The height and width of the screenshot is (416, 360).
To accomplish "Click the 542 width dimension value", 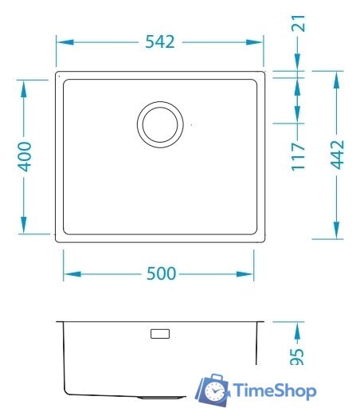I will pyautogui.click(x=160, y=42).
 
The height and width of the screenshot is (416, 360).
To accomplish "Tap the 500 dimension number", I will pyautogui.click(x=160, y=273).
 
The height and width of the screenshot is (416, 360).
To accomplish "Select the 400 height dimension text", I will pyautogui.click(x=25, y=157).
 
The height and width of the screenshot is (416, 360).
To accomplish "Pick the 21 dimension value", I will pyautogui.click(x=299, y=23).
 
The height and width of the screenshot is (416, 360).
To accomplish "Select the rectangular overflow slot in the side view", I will pyautogui.click(x=160, y=333).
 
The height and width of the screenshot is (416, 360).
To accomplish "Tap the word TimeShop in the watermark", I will pyautogui.click(x=275, y=391).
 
